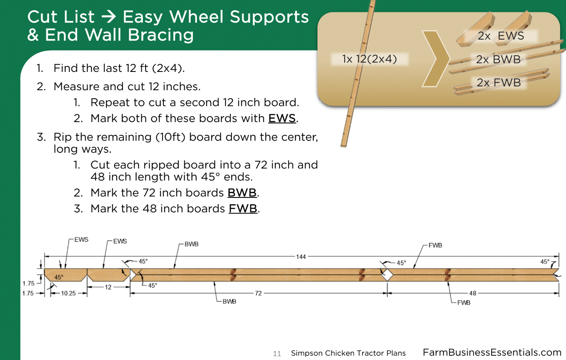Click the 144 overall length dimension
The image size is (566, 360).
coord(301,257)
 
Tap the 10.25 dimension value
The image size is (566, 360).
coord(68,293)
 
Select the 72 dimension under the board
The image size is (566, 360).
coord(258,293)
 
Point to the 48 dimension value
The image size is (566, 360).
coord(473,293)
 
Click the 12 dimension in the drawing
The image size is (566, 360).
coord(108,287)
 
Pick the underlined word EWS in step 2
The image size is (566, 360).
coord(282,118)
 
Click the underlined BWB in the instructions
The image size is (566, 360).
coord(242,193)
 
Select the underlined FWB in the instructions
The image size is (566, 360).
coord(243,209)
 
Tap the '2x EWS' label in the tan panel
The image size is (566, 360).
coord(501,36)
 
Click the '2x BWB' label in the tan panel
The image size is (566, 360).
coord(498,60)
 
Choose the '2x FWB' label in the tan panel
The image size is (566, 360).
coord(499,83)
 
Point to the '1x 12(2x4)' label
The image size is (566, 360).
coord(369,59)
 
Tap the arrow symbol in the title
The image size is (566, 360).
coord(109,17)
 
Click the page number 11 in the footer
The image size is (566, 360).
coord(277,354)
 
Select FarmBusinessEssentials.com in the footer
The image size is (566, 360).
coord(492,352)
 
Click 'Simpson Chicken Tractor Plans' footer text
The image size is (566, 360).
coord(348,353)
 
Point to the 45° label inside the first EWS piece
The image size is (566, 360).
coord(59,277)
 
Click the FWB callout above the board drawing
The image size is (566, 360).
coord(435,245)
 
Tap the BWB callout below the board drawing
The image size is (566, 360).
coord(229,302)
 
